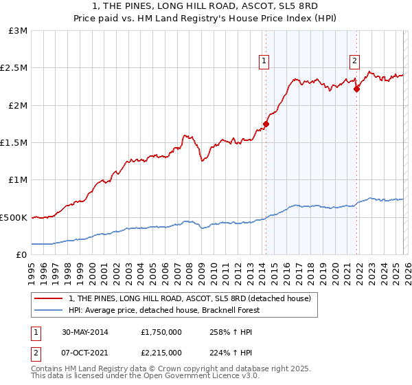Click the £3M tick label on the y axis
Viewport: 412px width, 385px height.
pyautogui.click(x=17, y=31)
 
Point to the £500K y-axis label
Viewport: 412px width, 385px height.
pyautogui.click(x=14, y=217)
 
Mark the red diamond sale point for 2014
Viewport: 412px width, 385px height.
pyautogui.click(x=266, y=124)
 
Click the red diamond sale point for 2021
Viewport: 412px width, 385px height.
pyautogui.click(x=357, y=89)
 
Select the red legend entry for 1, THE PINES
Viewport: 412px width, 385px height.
pyautogui.click(x=190, y=298)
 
